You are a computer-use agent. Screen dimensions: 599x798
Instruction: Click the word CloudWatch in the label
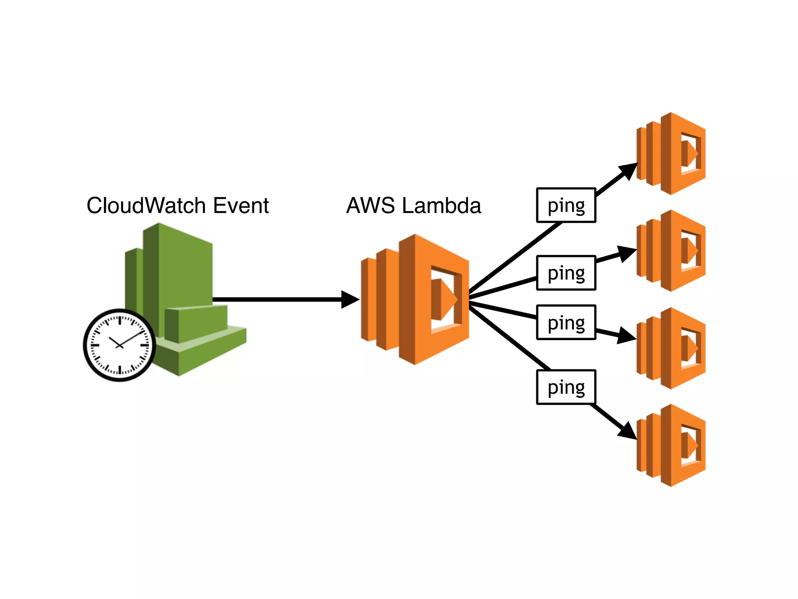pyautogui.click(x=146, y=206)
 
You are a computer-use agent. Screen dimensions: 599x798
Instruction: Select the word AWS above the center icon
pyautogui.click(x=370, y=206)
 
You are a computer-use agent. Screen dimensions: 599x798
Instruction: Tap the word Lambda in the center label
pyautogui.click(x=441, y=206)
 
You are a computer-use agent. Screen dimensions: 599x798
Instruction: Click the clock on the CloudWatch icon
pyautogui.click(x=120, y=345)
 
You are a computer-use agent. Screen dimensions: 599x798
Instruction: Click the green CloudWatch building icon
pyautogui.click(x=183, y=289)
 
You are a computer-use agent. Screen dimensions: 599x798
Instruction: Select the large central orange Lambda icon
pyautogui.click(x=415, y=299)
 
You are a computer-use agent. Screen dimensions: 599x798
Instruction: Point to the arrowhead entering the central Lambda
pyautogui.click(x=350, y=299)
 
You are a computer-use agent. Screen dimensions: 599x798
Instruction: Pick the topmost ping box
pyautogui.click(x=566, y=205)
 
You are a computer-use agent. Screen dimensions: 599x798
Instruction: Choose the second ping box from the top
pyautogui.click(x=566, y=273)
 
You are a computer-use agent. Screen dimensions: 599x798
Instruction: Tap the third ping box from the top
pyautogui.click(x=566, y=323)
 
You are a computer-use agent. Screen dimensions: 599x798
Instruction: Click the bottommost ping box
pyautogui.click(x=566, y=387)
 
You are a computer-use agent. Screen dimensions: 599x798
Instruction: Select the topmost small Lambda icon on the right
pyautogui.click(x=671, y=154)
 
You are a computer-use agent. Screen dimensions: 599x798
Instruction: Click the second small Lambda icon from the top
pyautogui.click(x=671, y=251)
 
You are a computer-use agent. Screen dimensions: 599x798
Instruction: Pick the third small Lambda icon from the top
pyautogui.click(x=671, y=348)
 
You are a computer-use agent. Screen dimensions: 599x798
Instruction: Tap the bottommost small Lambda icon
pyautogui.click(x=671, y=445)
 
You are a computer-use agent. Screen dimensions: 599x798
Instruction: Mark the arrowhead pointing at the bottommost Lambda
pyautogui.click(x=628, y=431)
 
